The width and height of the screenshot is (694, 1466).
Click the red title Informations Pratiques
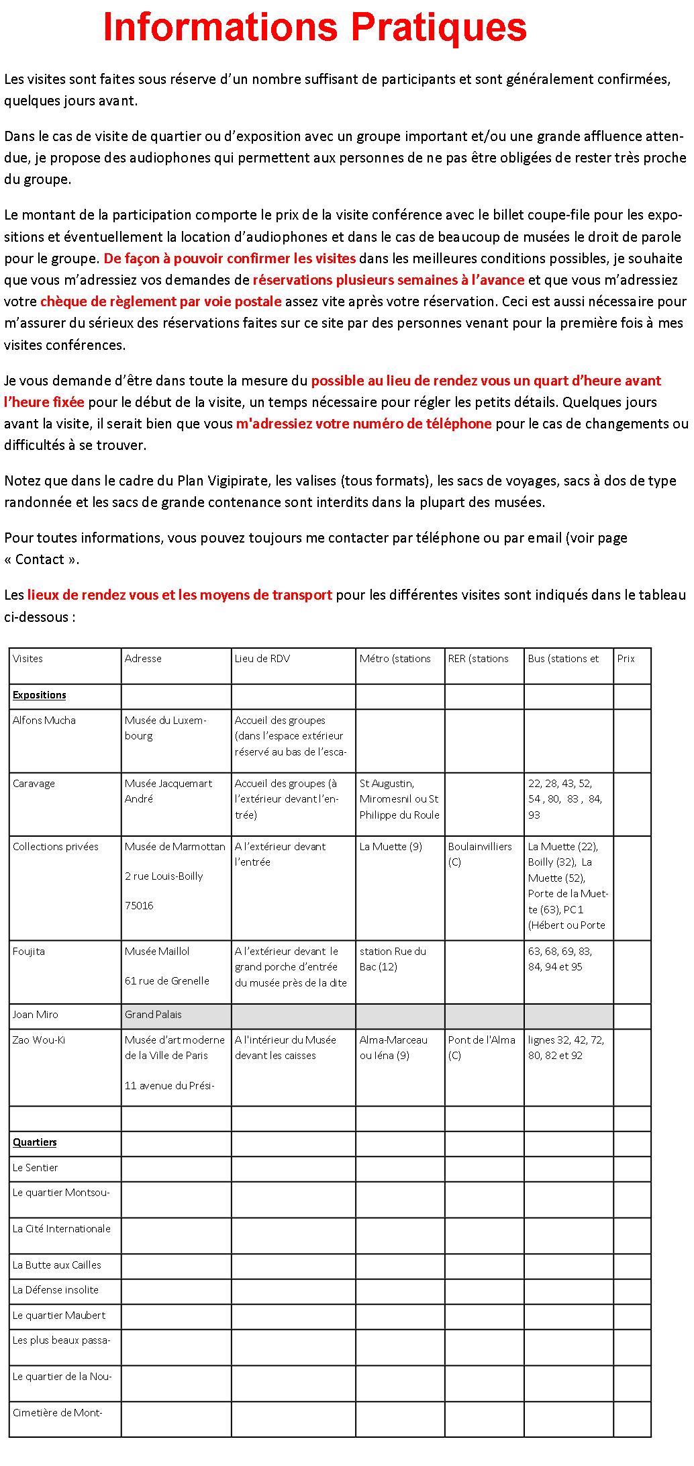click(x=315, y=28)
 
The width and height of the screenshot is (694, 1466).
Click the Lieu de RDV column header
click(x=262, y=659)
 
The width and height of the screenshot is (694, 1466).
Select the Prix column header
click(x=626, y=659)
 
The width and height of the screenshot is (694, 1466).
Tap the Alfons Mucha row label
click(x=44, y=721)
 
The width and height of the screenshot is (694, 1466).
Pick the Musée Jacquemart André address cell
click(x=168, y=791)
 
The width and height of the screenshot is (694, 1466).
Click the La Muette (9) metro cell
click(x=391, y=847)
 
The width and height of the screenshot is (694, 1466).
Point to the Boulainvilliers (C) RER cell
click(x=479, y=854)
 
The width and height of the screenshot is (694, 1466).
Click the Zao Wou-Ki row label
click(x=39, y=1040)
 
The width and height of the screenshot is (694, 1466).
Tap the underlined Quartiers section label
click(x=35, y=1142)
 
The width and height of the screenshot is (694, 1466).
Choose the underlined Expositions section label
click(x=40, y=695)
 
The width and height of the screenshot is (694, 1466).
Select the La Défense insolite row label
click(x=56, y=1290)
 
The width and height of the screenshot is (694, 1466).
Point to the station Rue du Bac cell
click(x=393, y=959)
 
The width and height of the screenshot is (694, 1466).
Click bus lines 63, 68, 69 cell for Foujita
click(x=560, y=959)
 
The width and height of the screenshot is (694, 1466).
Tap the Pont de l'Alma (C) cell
click(x=481, y=1047)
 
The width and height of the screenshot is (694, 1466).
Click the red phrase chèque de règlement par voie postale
click(x=160, y=302)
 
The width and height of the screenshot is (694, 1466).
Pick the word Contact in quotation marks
click(x=40, y=559)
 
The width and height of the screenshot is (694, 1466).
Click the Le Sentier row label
click(x=36, y=1168)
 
